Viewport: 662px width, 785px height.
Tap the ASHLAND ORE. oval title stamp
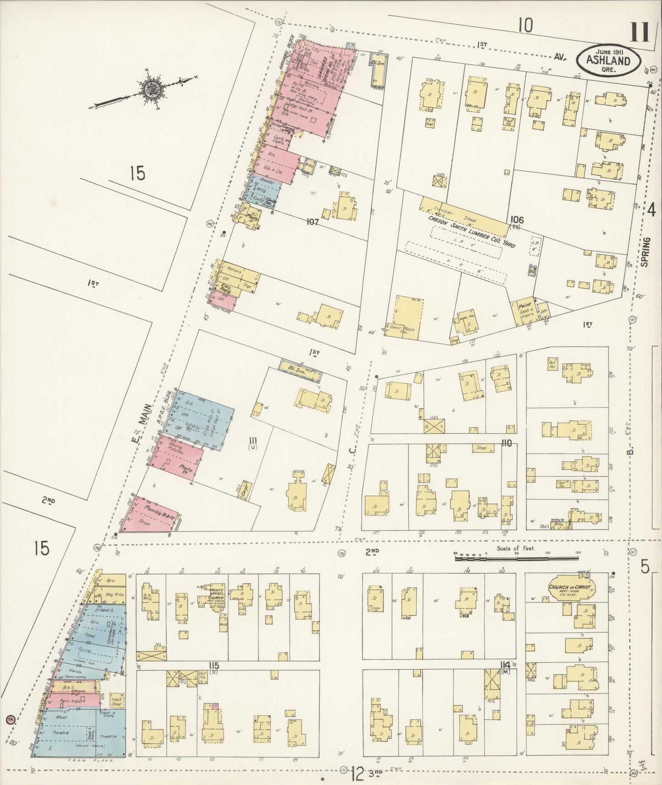click(608, 60)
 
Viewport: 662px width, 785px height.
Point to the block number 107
click(312, 222)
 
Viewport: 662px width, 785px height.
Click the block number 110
click(506, 443)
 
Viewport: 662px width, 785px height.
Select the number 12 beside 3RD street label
click(357, 774)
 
